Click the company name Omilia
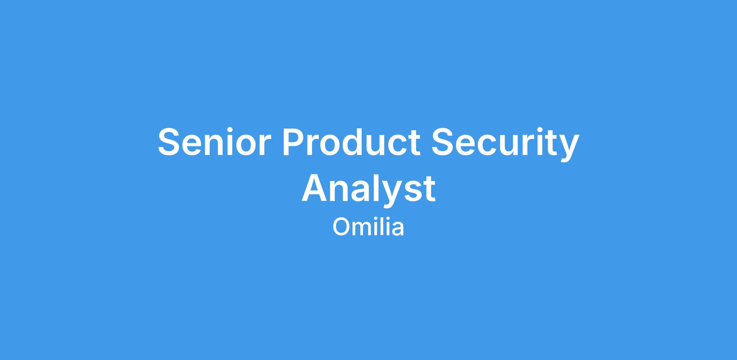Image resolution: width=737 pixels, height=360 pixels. (368, 227)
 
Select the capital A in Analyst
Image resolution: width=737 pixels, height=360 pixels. (314, 188)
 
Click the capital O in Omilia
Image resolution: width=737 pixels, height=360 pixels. (341, 227)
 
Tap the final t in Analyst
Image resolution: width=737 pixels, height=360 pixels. (429, 189)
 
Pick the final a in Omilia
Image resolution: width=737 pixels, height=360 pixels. (397, 229)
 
